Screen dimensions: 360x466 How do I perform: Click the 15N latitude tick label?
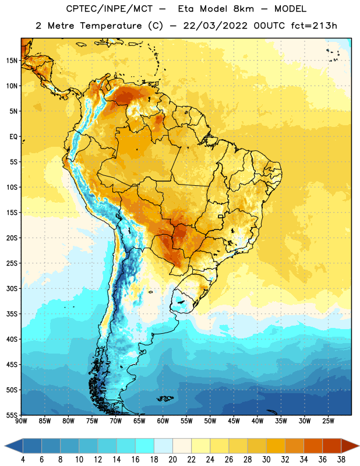[12, 61]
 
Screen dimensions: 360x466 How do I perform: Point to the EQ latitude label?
[13, 137]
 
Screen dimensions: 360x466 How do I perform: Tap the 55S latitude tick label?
[12, 415]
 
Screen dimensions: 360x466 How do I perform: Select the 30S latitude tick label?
[12, 288]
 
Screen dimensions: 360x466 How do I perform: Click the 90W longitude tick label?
[21, 421]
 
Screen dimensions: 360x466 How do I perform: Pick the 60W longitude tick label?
[163, 421]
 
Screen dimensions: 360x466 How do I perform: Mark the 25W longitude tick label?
[328, 421]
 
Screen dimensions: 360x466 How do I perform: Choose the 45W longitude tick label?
[234, 421]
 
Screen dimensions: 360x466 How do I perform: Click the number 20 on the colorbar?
[172, 460]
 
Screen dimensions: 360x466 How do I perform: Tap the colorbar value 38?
[341, 460]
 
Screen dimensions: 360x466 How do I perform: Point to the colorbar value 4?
[23, 460]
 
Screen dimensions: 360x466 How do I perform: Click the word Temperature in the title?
[111, 26]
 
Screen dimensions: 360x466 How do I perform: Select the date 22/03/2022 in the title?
[215, 26]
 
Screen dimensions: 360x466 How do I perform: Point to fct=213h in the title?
[314, 26]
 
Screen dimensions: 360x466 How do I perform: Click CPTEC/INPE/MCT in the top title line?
[110, 9]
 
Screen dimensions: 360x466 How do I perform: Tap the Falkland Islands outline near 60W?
[165, 398]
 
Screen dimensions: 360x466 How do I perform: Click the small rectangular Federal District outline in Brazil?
[221, 216]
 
